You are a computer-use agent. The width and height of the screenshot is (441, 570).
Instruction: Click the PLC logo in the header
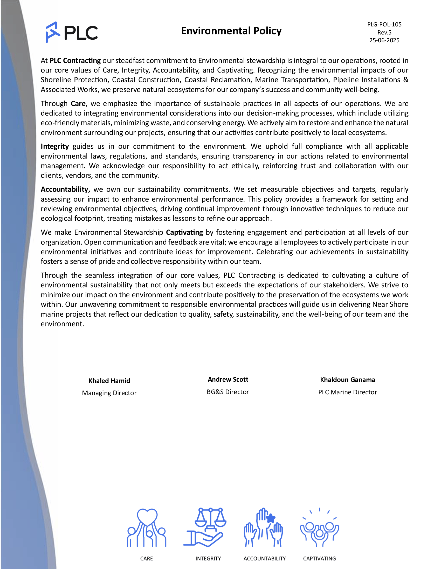pyautogui.click(x=71, y=32)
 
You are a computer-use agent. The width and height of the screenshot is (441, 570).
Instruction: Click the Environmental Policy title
pyautogui.click(x=231, y=31)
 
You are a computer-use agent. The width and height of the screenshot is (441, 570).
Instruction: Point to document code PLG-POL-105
pyautogui.click(x=384, y=25)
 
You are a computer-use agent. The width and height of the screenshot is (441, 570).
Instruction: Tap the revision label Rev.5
pyautogui.click(x=384, y=32)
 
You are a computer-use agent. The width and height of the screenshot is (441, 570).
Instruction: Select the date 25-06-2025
pyautogui.click(x=384, y=40)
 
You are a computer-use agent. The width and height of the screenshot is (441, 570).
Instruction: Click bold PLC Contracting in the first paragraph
pyautogui.click(x=75, y=61)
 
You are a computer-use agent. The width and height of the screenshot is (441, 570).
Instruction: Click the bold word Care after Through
pyautogui.click(x=78, y=104)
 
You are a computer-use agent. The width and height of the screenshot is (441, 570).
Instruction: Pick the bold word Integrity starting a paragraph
pyautogui.click(x=54, y=146)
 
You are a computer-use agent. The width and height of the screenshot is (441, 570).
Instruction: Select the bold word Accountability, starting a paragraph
pyautogui.click(x=65, y=189)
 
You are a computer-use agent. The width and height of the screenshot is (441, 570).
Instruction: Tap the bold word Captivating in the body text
pyautogui.click(x=184, y=232)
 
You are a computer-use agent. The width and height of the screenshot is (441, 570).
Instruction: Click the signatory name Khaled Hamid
pyautogui.click(x=109, y=381)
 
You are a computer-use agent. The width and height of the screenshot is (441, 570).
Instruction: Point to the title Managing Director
pyautogui.click(x=109, y=393)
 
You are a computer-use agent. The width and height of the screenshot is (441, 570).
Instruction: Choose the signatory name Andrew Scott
pyautogui.click(x=228, y=380)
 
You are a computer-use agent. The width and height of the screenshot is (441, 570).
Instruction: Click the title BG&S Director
pyautogui.click(x=228, y=392)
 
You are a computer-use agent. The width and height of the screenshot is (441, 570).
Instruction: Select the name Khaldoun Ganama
pyautogui.click(x=347, y=380)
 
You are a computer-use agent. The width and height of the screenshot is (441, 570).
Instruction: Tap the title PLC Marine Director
pyautogui.click(x=347, y=392)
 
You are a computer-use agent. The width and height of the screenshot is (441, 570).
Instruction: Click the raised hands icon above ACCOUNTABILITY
pyautogui.click(x=263, y=527)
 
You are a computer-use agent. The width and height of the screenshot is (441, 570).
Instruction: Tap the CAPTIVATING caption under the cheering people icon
pyautogui.click(x=319, y=559)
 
